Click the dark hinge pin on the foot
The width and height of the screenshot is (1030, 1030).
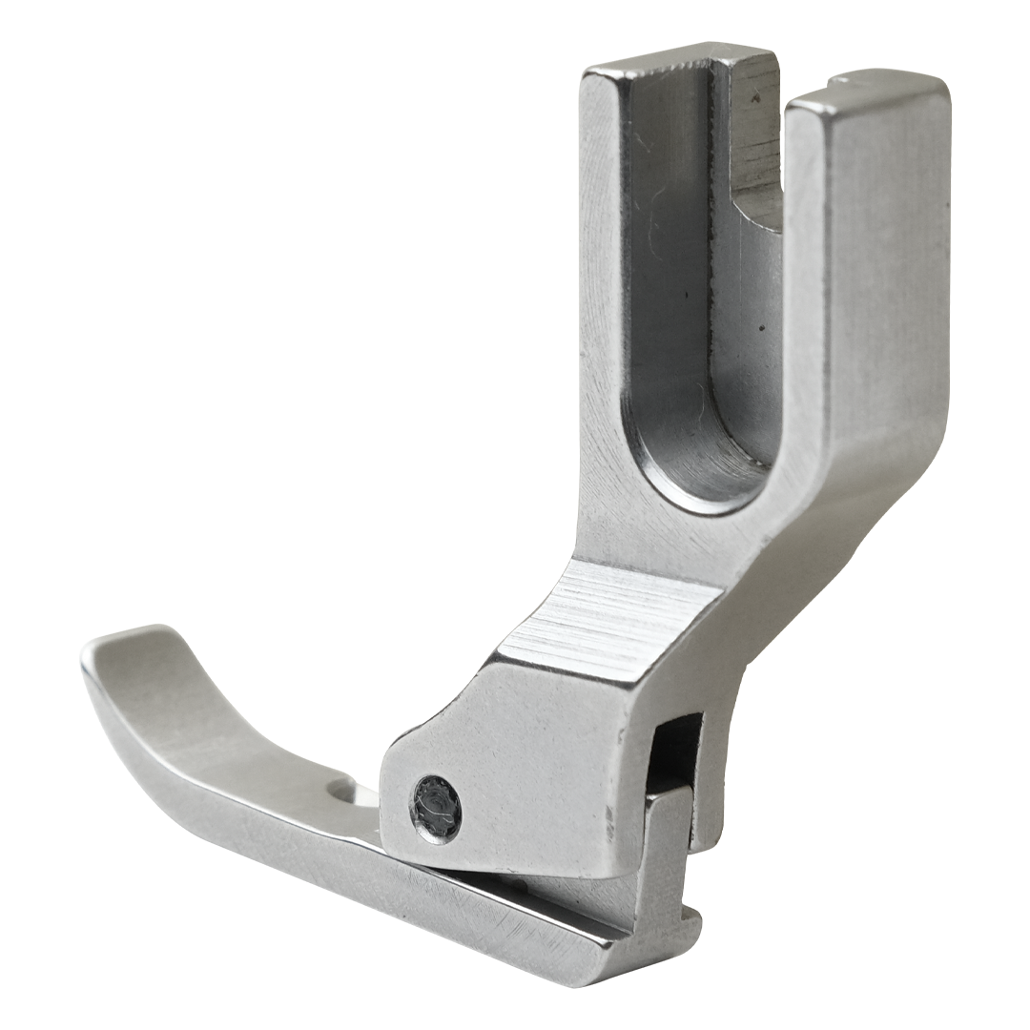pos(436,808)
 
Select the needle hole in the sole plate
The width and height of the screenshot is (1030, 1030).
pos(340,789)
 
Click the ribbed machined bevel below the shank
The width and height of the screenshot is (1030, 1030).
pos(610,620)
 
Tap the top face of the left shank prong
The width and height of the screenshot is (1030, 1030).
pos(677,59)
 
